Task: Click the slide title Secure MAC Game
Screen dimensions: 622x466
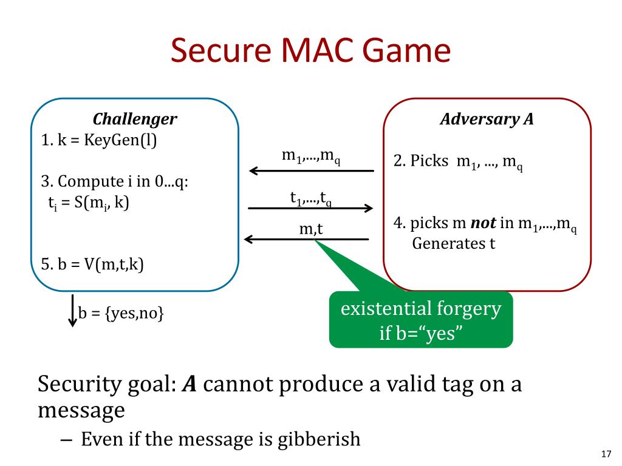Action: (310, 50)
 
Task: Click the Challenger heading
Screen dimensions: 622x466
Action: (135, 119)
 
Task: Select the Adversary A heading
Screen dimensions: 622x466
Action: (487, 119)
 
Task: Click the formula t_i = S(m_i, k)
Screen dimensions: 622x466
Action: (89, 203)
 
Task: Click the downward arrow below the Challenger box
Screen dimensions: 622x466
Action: (73, 310)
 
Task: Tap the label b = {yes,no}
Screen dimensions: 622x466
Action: (121, 313)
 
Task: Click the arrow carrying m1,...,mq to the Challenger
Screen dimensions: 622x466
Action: (312, 171)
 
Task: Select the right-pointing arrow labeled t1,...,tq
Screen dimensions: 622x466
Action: (310, 208)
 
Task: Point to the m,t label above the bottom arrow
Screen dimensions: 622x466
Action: (311, 229)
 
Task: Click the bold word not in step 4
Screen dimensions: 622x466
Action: (483, 223)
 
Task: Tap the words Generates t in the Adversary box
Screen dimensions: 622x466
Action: (454, 243)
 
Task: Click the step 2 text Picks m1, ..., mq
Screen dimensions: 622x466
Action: (458, 161)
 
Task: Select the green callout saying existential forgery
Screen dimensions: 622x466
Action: (421, 319)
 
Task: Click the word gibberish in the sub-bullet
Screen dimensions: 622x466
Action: (319, 439)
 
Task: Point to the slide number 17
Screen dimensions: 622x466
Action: (606, 454)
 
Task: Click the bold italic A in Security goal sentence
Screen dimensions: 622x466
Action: (190, 384)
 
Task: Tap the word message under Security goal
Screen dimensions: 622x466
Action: (81, 411)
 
